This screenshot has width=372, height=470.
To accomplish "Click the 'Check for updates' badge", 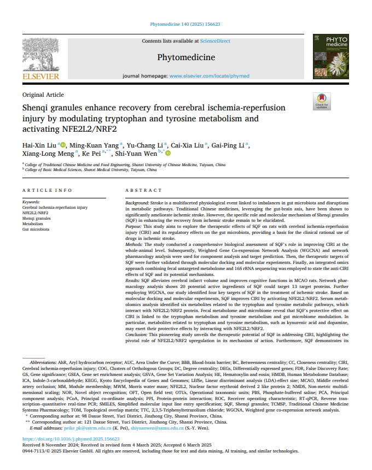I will (x=321, y=102).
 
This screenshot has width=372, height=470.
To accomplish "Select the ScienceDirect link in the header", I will (x=216, y=41).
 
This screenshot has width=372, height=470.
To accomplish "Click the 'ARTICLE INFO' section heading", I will (x=47, y=190).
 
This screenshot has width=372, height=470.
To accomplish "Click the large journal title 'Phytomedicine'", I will (x=185, y=57).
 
